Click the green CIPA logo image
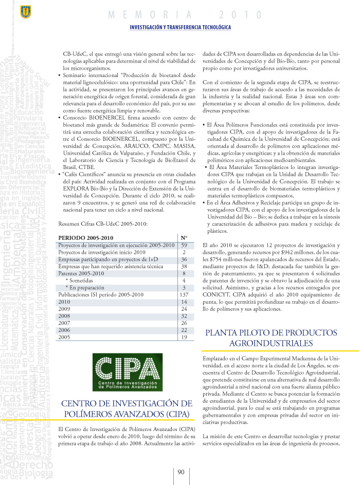127,372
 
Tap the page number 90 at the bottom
181,473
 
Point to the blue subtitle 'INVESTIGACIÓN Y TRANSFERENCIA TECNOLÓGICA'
180,27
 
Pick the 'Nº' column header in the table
184,238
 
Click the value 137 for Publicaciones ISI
184,295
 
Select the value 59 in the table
184,245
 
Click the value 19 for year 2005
184,338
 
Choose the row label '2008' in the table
64,316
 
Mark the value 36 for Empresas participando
184,259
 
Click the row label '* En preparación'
85,288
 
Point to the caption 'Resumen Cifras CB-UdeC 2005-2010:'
103,223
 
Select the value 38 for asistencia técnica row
184,267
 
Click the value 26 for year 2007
184,323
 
